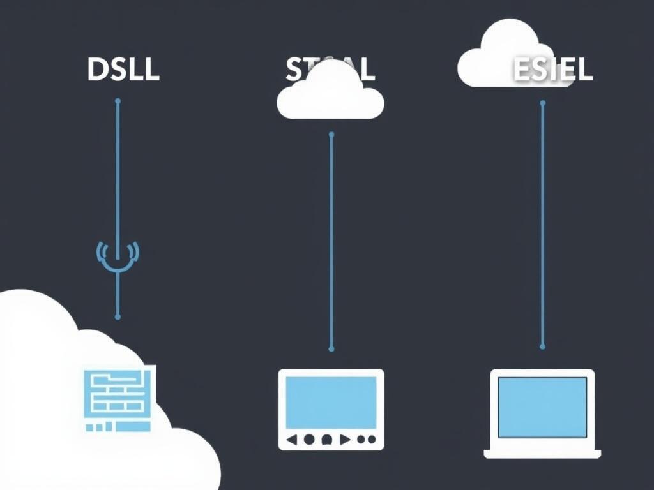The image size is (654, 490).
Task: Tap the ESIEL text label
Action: pyautogui.click(x=553, y=71)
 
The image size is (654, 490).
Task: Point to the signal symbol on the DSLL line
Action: pyautogui.click(x=118, y=255)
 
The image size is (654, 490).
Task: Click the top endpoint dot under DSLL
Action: pyautogui.click(x=118, y=101)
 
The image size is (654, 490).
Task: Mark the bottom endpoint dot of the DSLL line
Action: pyautogui.click(x=118, y=316)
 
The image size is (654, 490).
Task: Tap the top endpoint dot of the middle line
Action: pyautogui.click(x=331, y=135)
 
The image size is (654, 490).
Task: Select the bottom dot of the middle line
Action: pyautogui.click(x=331, y=348)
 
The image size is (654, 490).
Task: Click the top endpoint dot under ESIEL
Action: pyautogui.click(x=543, y=102)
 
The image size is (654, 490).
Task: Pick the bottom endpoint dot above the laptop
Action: pyautogui.click(x=543, y=346)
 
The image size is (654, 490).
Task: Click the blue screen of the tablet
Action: pyautogui.click(x=331, y=402)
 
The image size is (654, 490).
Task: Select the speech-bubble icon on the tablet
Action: pyautogui.click(x=326, y=439)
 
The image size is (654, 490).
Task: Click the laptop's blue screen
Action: pyautogui.click(x=542, y=407)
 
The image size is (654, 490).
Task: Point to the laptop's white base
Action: pyautogui.click(x=542, y=454)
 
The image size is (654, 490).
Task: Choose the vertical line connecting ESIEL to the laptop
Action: pyautogui.click(x=543, y=223)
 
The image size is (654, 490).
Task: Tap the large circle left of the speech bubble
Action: pyautogui.click(x=309, y=439)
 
